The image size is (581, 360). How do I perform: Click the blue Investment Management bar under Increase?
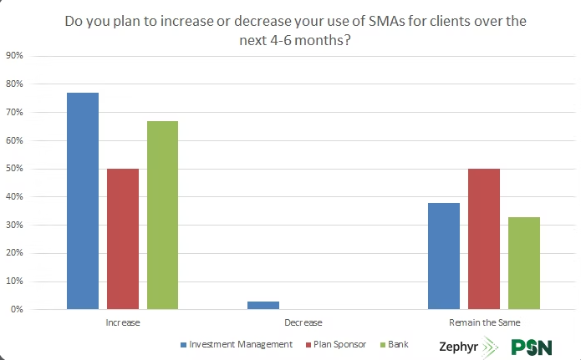coord(83,200)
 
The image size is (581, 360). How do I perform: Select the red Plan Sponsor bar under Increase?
coord(123,239)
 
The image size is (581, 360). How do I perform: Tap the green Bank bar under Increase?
coord(162,215)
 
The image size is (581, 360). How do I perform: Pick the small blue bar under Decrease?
coord(263,306)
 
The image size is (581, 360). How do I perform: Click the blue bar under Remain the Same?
coord(444,256)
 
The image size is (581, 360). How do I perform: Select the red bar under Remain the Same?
coord(484,239)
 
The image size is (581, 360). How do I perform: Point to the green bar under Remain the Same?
coord(524,263)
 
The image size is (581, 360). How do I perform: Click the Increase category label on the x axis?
coord(123,322)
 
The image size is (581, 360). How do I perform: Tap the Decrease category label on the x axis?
coord(303,322)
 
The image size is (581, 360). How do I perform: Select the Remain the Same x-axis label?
coord(483,322)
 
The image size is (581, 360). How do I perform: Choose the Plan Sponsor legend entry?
coord(338,344)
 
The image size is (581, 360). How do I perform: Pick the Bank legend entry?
coord(396,344)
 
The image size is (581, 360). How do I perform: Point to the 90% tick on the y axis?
coord(14,56)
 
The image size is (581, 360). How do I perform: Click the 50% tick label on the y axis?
coord(14,169)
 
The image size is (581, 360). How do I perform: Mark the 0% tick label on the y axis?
coord(16,310)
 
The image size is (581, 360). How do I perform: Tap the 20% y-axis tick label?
coord(14,253)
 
